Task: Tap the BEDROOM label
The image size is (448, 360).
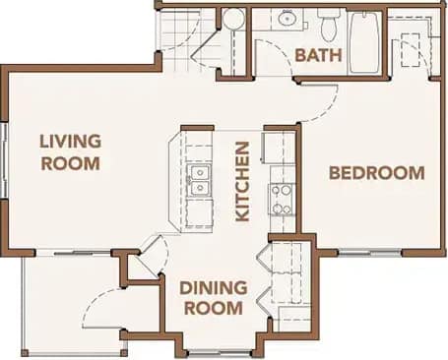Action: (x=376, y=173)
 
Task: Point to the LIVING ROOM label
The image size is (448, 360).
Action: (x=70, y=151)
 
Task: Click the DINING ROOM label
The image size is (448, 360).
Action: (x=211, y=298)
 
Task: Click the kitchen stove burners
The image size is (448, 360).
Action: (x=282, y=199)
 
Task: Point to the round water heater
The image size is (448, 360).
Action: (x=233, y=20)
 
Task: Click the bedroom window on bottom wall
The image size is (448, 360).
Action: (x=369, y=253)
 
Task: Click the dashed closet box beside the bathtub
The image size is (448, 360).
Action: (x=413, y=43)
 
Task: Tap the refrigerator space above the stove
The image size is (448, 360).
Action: (x=282, y=157)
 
